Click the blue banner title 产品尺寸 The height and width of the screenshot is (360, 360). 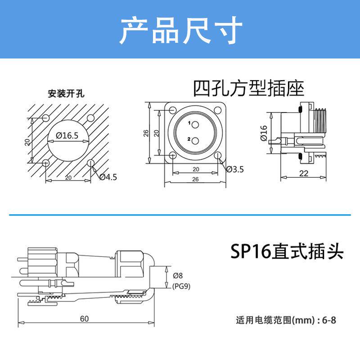coord(180,30)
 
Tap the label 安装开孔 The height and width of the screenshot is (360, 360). coord(66,94)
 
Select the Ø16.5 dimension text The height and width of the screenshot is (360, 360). coord(67,135)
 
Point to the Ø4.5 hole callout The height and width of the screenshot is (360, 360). coord(108,177)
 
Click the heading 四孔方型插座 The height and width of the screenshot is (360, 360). coord(248,88)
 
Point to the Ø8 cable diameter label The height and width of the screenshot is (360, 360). coord(178,276)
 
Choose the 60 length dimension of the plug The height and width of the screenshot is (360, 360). coord(85,319)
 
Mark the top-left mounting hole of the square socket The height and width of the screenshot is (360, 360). coord(173,110)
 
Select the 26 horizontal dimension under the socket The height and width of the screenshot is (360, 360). coord(195,179)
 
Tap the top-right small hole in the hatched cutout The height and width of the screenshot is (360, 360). coord(90,118)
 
